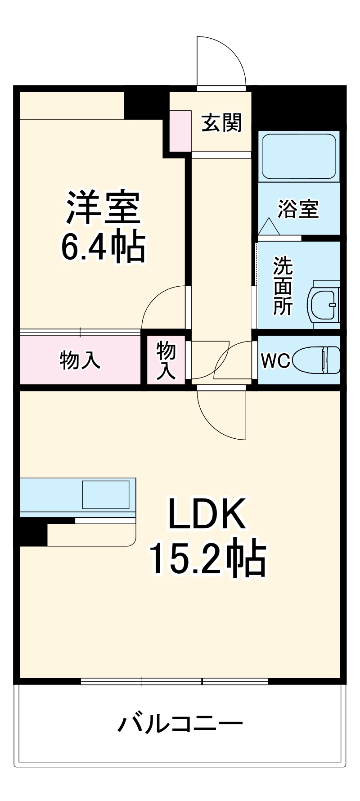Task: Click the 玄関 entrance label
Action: click(x=221, y=122)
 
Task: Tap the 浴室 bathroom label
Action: click(x=298, y=209)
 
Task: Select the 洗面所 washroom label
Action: click(x=283, y=286)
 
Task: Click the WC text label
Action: click(x=276, y=360)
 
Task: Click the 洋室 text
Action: click(x=103, y=207)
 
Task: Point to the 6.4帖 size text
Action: click(x=103, y=247)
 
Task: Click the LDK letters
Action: click(x=207, y=514)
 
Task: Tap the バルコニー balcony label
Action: click(x=180, y=724)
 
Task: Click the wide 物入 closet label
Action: click(x=80, y=360)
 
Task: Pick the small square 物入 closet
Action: click(x=166, y=360)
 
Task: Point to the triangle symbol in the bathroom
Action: click(x=269, y=226)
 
